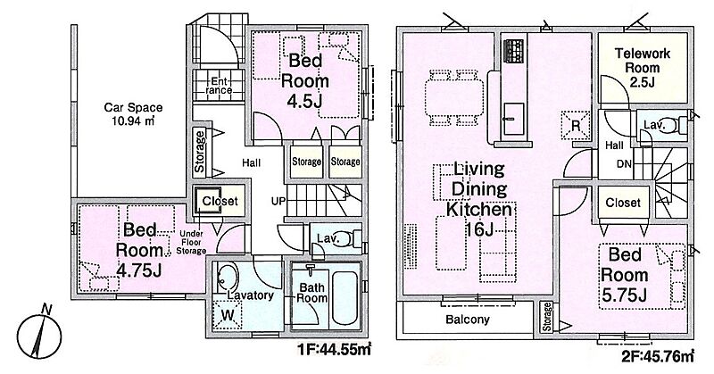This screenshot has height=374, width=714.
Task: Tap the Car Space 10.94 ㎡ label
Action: pos(133,114)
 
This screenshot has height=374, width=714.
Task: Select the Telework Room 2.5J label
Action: pos(642,68)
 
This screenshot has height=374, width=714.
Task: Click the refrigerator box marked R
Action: pos(576,125)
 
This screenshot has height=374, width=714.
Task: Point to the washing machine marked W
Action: pos(228,315)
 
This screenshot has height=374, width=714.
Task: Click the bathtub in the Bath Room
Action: pos(346,296)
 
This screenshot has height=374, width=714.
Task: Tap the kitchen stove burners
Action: pos(514,51)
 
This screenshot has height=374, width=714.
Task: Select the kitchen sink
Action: pos(514,119)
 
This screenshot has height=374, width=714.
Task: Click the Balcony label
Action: pos(467,320)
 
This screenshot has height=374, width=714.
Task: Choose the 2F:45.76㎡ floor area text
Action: pos(658,356)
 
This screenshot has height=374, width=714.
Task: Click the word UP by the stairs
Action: pos(278,201)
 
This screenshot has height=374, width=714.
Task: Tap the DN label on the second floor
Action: pos(624,163)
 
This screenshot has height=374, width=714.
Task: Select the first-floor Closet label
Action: pos(220,201)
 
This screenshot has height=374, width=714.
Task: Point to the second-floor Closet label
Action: pos(623,203)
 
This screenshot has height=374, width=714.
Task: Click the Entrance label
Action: pos(219,86)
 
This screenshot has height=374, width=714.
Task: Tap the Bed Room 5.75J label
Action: pos(624,275)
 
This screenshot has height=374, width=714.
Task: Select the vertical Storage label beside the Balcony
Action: pos(547,317)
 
